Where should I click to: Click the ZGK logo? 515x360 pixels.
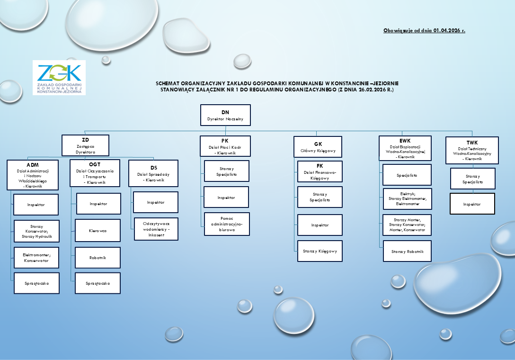(x=59, y=77)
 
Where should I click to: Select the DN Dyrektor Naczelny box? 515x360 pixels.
(x=225, y=115)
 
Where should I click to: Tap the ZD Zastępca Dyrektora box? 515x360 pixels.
(x=85, y=145)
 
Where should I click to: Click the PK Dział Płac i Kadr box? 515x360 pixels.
(x=225, y=146)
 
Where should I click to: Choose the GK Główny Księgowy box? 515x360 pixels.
(x=318, y=147)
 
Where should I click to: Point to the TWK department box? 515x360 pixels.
(x=472, y=150)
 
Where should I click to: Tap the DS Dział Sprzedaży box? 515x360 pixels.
(x=153, y=173)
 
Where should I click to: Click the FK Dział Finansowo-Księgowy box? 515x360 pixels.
(x=320, y=172)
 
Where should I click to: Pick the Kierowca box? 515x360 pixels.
(x=98, y=230)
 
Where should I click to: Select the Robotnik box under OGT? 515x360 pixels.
(x=98, y=258)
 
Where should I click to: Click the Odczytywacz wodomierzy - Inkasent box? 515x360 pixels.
(x=156, y=229)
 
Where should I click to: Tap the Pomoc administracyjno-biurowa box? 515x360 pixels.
(x=227, y=224)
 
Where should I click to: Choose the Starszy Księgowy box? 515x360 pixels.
(x=320, y=251)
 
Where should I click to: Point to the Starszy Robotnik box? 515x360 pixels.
(x=407, y=251)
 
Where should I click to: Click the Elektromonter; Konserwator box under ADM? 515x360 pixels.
(x=36, y=257)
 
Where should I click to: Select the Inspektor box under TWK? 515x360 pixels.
(x=472, y=204)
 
